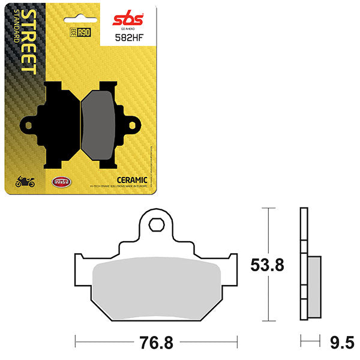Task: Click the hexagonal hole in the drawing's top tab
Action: coord(156,224)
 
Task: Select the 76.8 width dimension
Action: coord(156,344)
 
